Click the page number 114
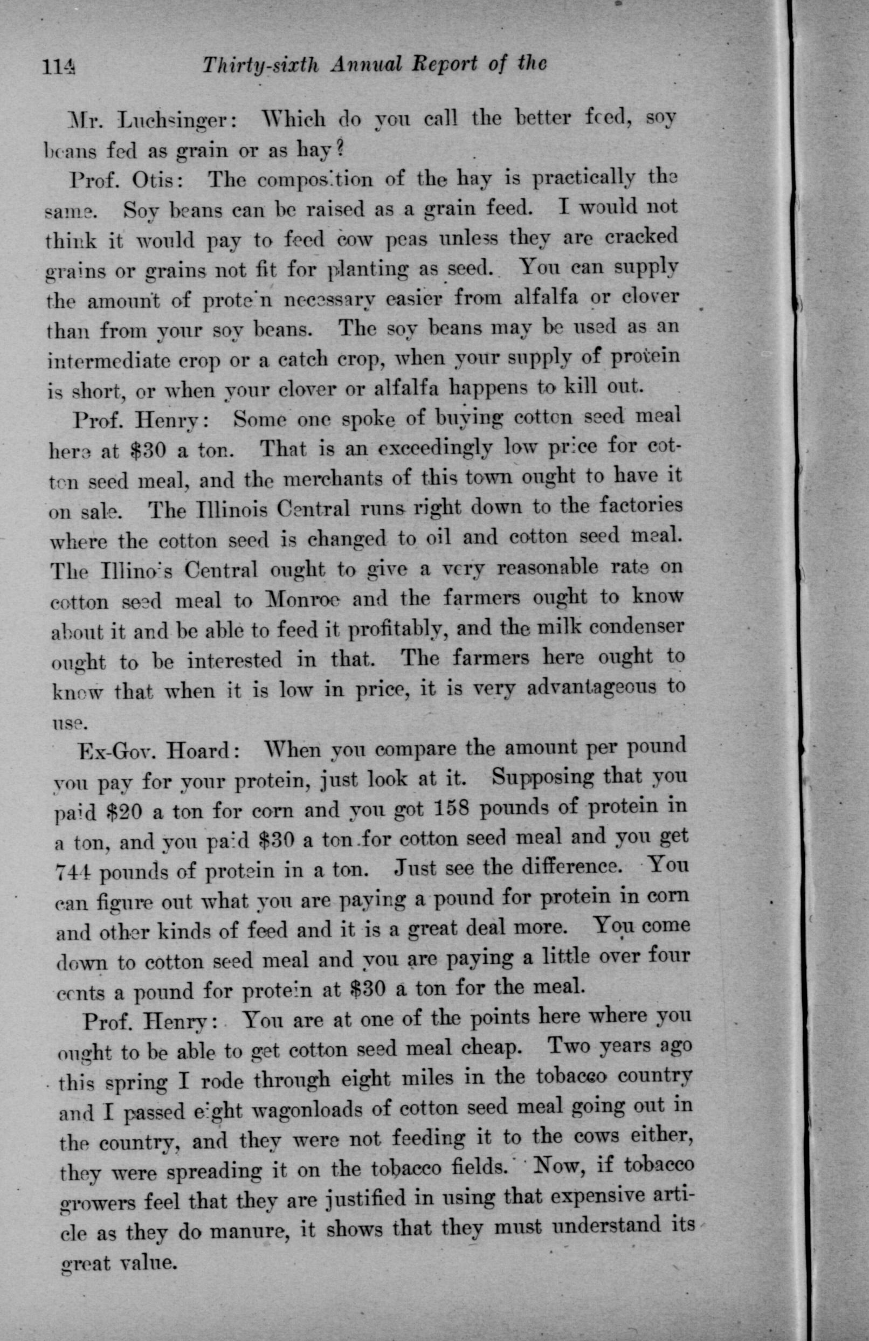click(60, 67)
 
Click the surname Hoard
click(201, 752)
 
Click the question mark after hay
click(339, 150)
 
